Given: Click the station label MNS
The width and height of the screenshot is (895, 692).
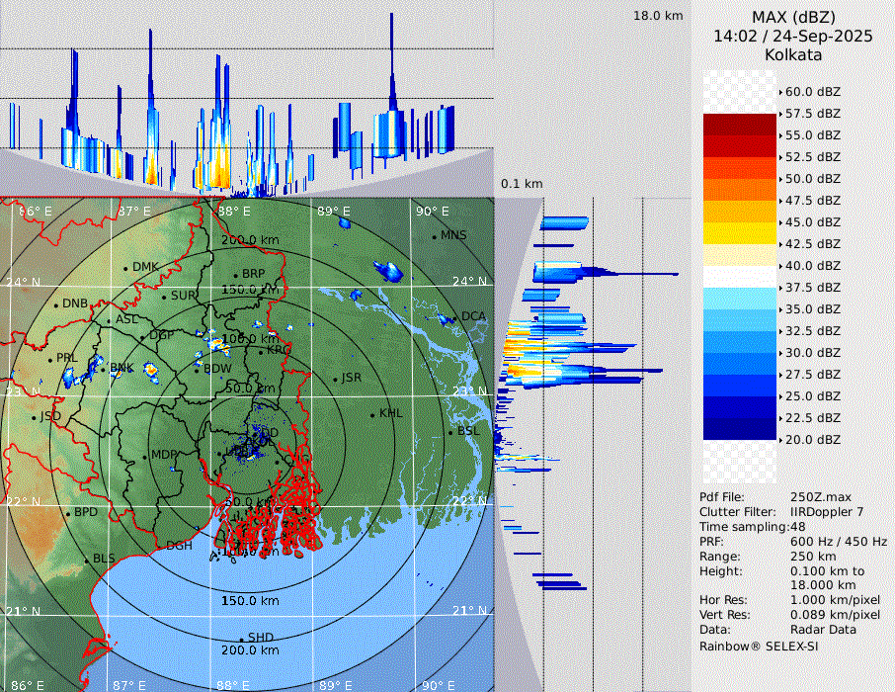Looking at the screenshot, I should tap(453, 235).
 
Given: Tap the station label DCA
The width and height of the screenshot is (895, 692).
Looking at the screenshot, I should tap(473, 316).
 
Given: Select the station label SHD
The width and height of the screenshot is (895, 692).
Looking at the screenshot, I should tap(261, 638).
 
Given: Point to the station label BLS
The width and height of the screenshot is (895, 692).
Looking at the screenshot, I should tap(104, 559).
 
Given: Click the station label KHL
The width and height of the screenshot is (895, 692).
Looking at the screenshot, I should tap(391, 413).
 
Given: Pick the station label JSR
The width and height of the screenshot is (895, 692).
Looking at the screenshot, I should tap(352, 378).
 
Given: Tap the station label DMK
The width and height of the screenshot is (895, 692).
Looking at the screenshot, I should tap(145, 267).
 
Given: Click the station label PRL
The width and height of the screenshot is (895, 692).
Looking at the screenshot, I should tap(66, 358).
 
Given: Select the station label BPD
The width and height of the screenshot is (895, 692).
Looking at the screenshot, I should tap(86, 513).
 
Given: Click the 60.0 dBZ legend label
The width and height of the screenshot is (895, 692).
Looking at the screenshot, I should tap(812, 92).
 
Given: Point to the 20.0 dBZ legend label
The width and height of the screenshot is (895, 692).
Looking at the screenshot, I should tap(812, 439).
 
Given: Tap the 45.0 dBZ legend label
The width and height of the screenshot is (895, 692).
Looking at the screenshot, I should tap(812, 222).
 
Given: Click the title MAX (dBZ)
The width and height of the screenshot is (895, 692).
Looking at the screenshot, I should tap(793, 17).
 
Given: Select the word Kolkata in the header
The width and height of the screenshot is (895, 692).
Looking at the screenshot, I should tap(793, 54).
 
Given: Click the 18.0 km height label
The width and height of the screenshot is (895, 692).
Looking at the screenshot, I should tap(658, 16).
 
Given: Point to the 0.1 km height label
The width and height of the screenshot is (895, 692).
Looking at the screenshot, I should tap(522, 184).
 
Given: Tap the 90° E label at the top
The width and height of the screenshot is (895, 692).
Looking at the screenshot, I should tap(432, 211).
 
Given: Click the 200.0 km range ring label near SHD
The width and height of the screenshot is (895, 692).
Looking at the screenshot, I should tap(249, 650).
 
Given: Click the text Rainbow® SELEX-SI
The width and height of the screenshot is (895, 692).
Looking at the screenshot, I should tap(759, 646).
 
